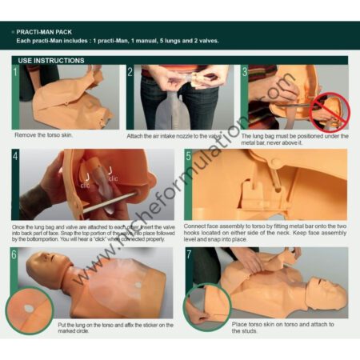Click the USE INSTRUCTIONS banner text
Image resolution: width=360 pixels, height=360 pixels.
[x=51, y=60]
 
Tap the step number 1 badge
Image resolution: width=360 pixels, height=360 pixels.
[x=15, y=72]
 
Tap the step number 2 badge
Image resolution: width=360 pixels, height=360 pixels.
[x=130, y=72]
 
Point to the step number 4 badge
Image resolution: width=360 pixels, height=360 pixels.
[x=15, y=157]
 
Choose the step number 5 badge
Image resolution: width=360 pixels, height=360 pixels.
[x=188, y=157]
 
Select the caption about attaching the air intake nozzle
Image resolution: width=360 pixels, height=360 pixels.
[x=174, y=136]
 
